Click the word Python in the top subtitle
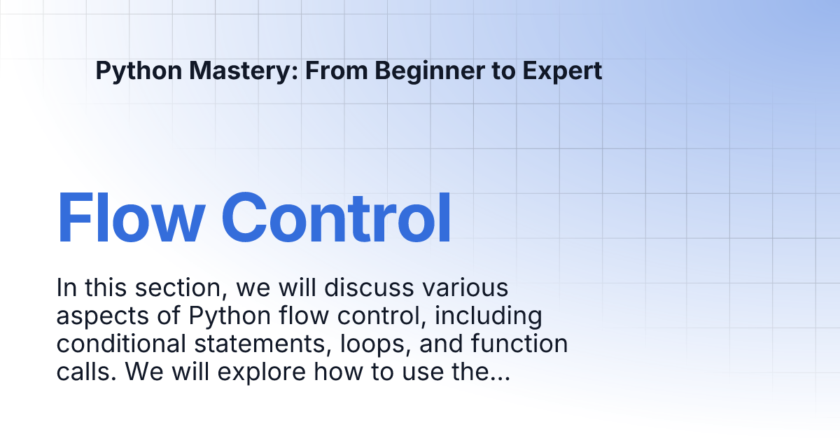pos(139,71)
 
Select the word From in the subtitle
pos(337,70)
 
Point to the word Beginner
pos(429,71)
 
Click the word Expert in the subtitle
pos(562,71)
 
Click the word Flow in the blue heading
pos(131,218)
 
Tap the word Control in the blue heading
pos(336,218)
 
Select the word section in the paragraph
pos(178,288)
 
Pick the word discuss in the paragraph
pos(369,288)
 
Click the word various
pos(465,288)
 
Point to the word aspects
pos(103,316)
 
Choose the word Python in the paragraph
pos(230,316)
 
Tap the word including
pos(489,316)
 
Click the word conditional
pos(121,344)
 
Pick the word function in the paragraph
pos(519,344)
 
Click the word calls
pos(86,372)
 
